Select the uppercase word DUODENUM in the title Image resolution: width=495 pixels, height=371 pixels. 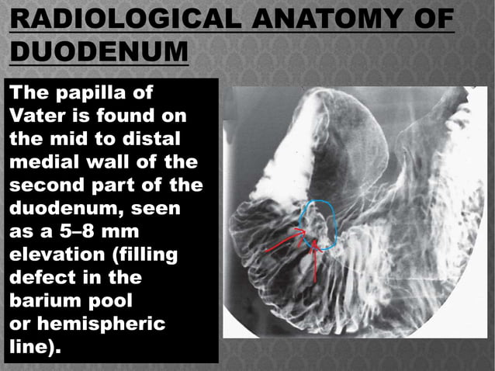pyautogui.click(x=99, y=54)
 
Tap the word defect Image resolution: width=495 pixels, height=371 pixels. pyautogui.click(x=36, y=277)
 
